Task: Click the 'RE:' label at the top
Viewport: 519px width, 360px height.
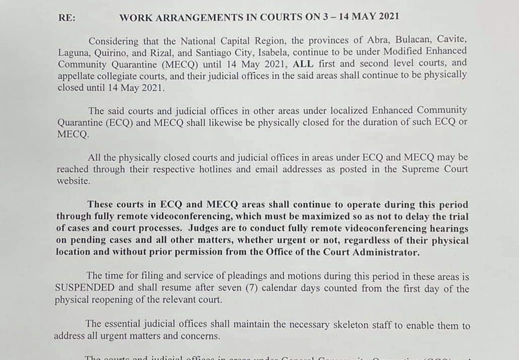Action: pyautogui.click(x=67, y=17)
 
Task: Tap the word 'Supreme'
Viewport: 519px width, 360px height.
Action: pyautogui.click(x=420, y=170)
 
